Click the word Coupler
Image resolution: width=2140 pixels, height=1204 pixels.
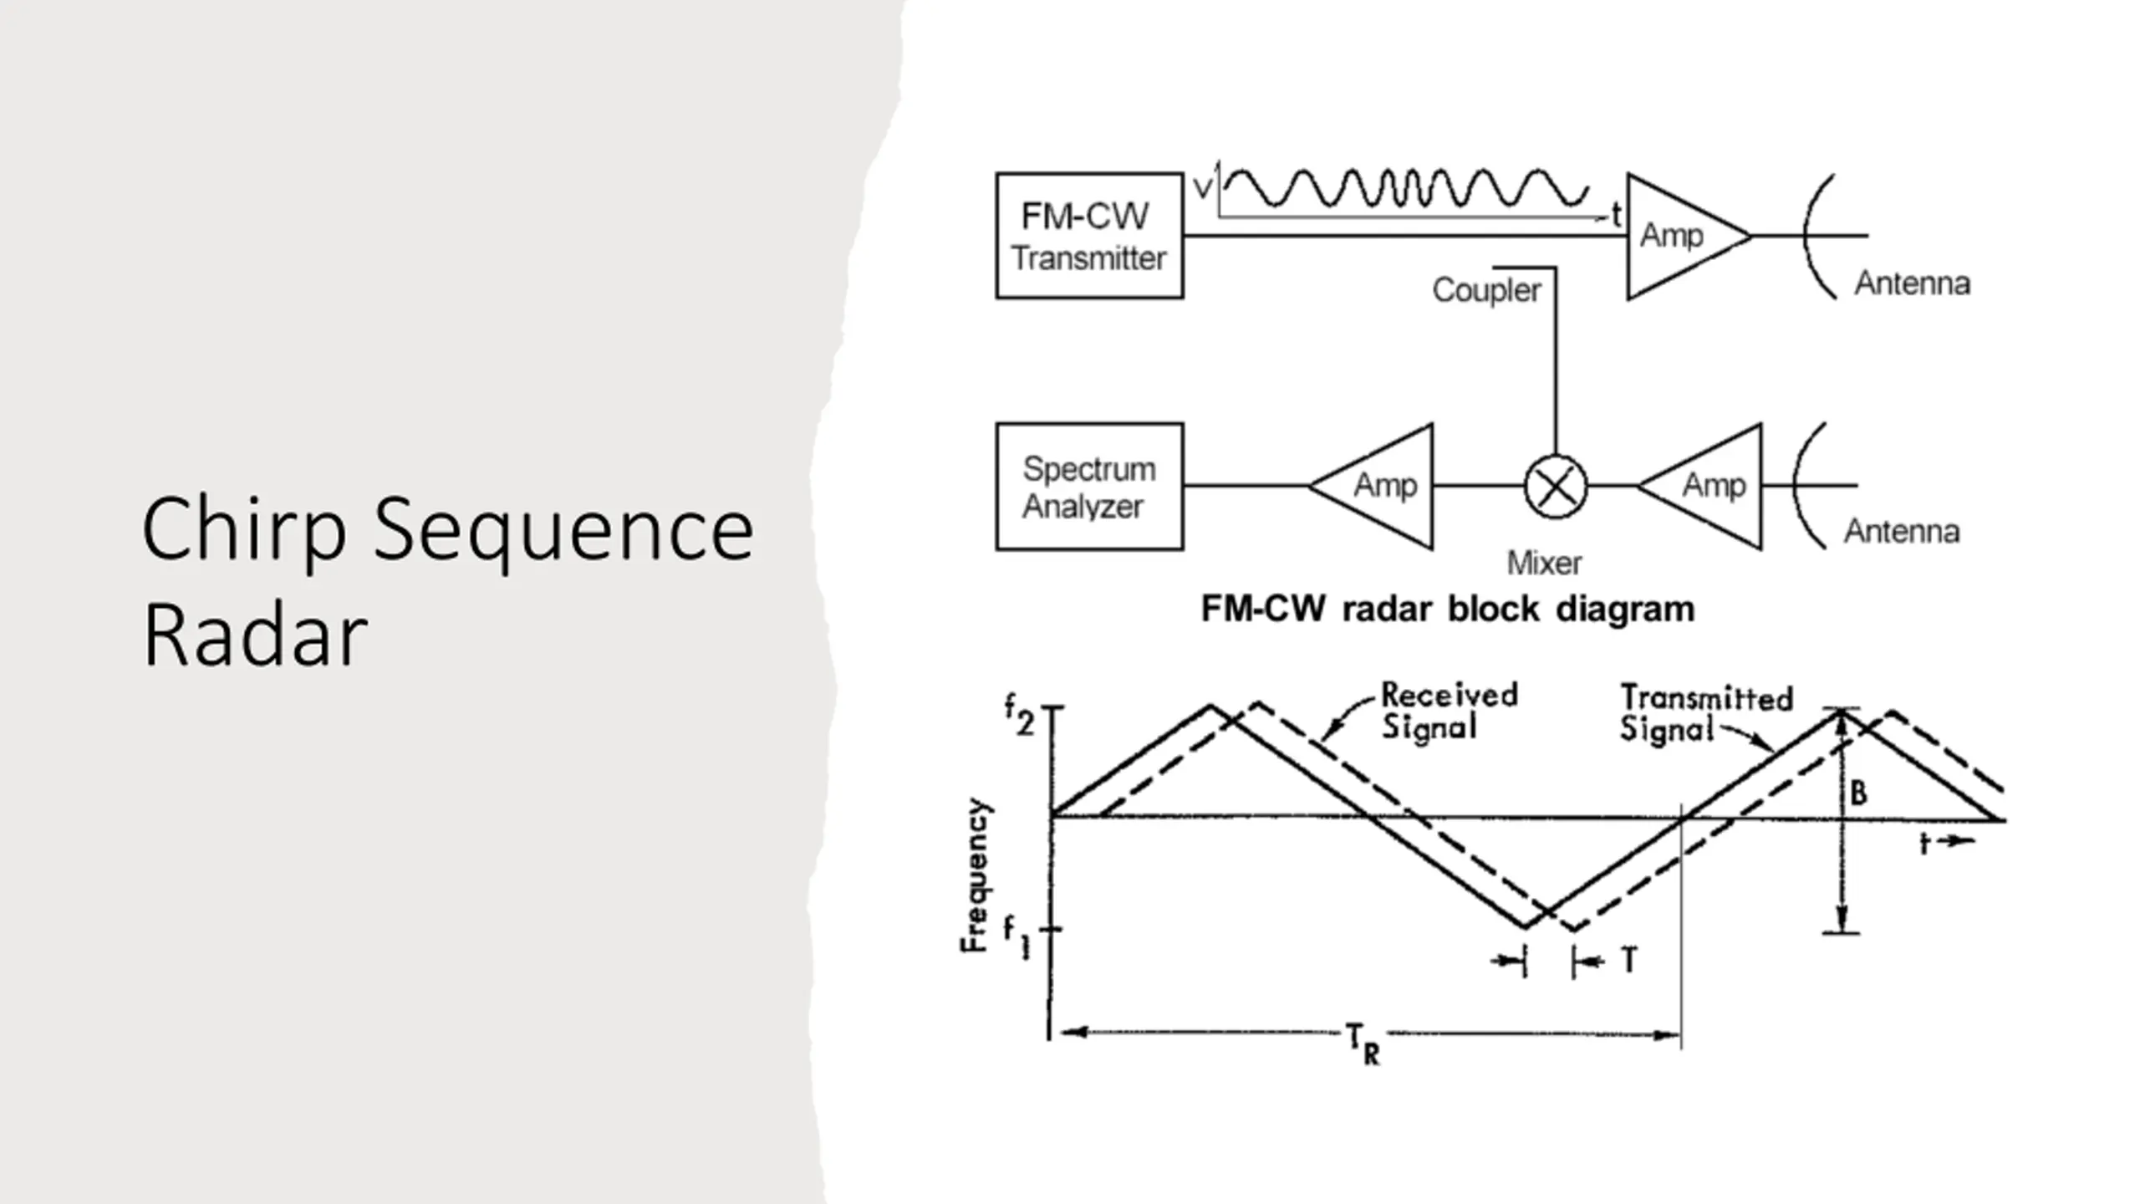1486,290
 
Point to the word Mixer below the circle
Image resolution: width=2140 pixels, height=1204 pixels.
1544,563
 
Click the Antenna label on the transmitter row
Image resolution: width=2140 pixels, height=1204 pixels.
1913,283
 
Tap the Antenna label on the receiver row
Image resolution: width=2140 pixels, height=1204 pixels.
1902,531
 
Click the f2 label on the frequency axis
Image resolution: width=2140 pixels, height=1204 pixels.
1019,716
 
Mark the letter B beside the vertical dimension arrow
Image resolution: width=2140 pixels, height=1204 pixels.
1858,793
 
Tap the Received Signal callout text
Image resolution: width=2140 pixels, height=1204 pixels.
1449,711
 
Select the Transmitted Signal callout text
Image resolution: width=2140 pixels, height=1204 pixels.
1706,713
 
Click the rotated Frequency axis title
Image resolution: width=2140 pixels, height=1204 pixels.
975,875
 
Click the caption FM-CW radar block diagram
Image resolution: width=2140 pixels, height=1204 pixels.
1448,609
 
